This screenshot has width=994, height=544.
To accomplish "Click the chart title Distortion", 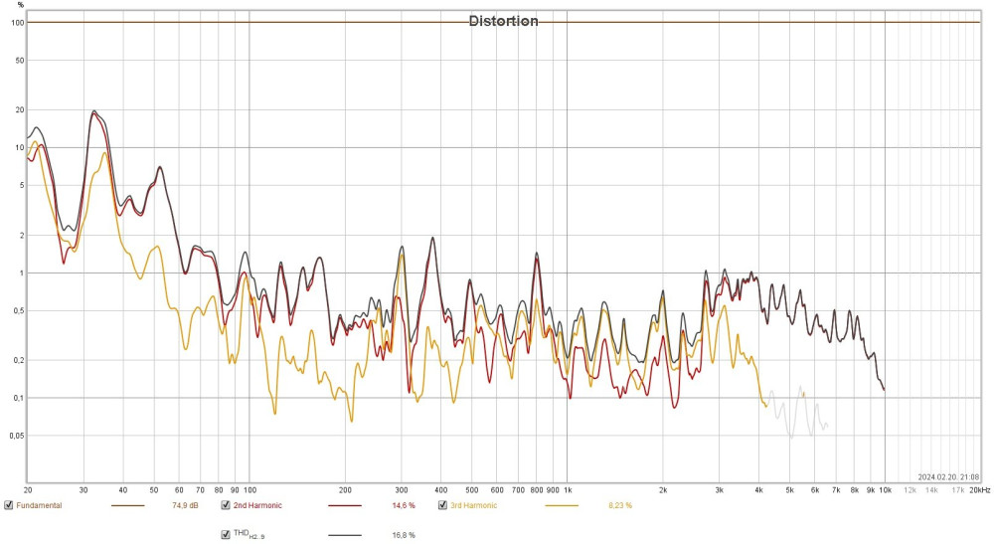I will tap(504, 21).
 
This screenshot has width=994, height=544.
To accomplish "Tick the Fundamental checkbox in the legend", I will tap(9, 505).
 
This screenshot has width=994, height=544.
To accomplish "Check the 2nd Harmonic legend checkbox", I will tap(226, 505).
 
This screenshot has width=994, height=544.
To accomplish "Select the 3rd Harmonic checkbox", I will tap(442, 505).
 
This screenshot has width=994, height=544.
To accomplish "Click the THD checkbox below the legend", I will tap(226, 534).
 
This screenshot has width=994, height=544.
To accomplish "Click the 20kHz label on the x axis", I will tap(980, 489).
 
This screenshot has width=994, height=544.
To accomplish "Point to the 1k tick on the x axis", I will tap(568, 489).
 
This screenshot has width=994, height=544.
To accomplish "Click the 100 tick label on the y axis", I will tap(16, 22).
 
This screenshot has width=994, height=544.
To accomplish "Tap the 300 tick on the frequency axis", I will tap(401, 489).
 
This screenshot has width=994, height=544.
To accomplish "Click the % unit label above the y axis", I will tap(20, 5).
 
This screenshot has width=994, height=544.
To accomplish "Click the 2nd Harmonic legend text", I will tap(257, 505).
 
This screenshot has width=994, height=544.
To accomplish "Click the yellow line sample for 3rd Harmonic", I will tap(561, 505).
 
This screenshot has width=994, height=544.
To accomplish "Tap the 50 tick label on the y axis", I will tap(17, 60).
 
